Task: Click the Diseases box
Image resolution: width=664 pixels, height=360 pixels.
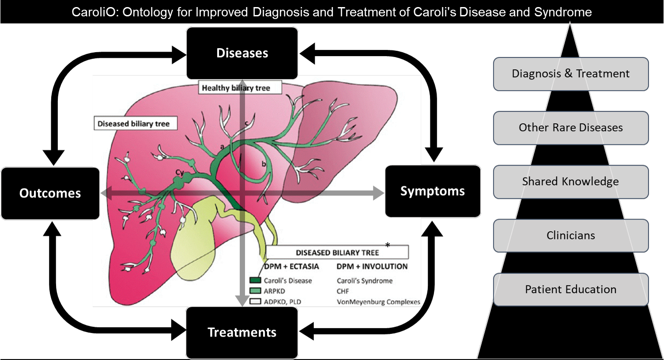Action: pos(242,53)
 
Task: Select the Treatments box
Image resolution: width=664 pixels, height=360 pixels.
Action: pos(242,333)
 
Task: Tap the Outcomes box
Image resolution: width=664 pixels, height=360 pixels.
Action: pos(50,193)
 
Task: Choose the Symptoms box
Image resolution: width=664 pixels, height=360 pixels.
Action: pos(433,191)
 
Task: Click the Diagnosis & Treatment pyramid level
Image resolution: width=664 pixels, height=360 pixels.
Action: pos(570,74)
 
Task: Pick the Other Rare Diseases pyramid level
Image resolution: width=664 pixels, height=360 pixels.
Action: pos(570,128)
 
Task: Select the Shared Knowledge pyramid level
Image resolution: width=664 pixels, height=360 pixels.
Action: pos(570,182)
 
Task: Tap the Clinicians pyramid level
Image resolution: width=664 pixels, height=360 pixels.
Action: pos(570,235)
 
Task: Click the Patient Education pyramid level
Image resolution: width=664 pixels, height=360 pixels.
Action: pos(570,289)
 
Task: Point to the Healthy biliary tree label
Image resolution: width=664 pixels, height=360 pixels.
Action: pos(236,88)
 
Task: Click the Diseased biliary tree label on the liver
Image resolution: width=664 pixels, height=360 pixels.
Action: pos(133,124)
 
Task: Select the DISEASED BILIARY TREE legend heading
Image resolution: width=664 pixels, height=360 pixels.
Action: pos(337,253)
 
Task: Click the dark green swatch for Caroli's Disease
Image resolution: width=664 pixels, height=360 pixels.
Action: pos(255,280)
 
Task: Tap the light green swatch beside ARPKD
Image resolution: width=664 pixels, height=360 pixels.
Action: pos(255,291)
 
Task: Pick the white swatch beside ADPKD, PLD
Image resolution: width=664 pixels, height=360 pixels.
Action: pos(255,302)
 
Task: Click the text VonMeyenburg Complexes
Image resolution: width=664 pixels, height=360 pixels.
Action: pos(378,302)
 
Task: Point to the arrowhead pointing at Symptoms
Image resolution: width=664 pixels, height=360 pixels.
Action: pos(378,193)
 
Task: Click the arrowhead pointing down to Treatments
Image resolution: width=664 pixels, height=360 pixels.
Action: pos(242,301)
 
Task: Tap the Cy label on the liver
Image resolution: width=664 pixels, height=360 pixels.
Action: pos(180,172)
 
